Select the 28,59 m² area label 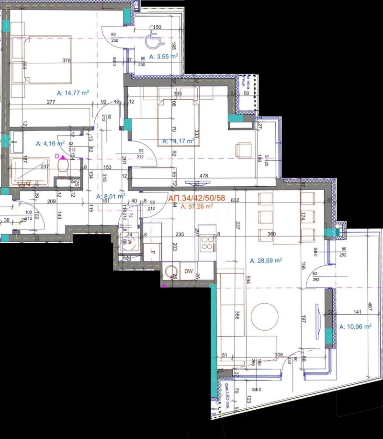(266, 261)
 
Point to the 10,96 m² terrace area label (355, 327)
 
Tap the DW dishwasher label (189, 272)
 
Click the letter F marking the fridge (153, 251)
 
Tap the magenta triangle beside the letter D (62, 156)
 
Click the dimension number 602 (234, 201)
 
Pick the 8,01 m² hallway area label (111, 196)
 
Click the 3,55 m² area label (164, 57)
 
